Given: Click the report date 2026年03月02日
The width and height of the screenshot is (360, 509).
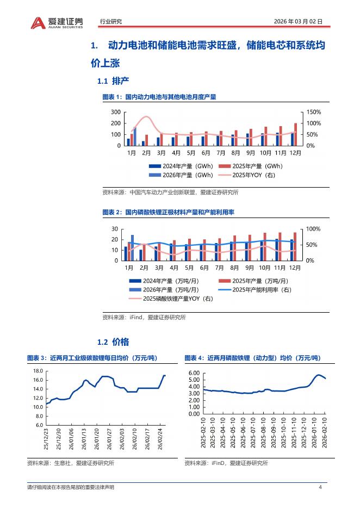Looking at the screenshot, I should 299,22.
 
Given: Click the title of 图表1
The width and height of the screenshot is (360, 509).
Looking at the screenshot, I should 159,97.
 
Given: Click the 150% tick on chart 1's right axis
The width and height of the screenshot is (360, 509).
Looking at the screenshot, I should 314,112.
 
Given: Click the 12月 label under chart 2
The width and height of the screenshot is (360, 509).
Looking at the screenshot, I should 295,268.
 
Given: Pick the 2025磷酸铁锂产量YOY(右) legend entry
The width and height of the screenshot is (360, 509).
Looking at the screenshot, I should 171,299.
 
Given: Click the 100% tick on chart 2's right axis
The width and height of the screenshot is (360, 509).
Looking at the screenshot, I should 314,229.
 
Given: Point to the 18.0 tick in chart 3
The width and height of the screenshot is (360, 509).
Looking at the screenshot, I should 38,371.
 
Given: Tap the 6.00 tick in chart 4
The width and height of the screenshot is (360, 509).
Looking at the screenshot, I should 194,374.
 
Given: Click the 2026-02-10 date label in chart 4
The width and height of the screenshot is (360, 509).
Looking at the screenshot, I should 325,436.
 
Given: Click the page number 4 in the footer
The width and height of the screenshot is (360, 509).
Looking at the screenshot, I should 320,487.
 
